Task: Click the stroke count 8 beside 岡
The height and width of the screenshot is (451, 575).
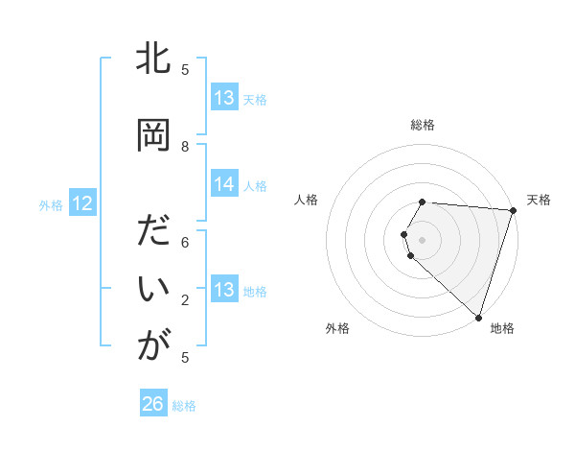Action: pyautogui.click(x=185, y=146)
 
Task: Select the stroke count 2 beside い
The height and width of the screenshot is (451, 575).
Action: pyautogui.click(x=185, y=300)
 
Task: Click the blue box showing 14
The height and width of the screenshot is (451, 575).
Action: pyautogui.click(x=224, y=185)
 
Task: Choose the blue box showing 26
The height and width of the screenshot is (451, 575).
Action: pyautogui.click(x=153, y=404)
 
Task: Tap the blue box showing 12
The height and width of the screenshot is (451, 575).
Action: pyautogui.click(x=82, y=203)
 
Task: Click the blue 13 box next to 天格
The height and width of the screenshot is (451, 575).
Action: pyautogui.click(x=224, y=98)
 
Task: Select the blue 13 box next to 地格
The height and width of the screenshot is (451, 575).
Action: pyautogui.click(x=224, y=290)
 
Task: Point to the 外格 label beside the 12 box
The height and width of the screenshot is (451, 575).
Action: pyautogui.click(x=51, y=204)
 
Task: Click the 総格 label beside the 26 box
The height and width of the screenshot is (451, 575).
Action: pyautogui.click(x=184, y=406)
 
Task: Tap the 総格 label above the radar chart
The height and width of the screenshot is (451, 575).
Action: pyautogui.click(x=423, y=125)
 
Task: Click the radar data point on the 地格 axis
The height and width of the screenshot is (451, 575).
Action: pyautogui.click(x=477, y=317)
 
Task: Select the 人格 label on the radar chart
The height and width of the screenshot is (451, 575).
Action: pyautogui.click(x=307, y=200)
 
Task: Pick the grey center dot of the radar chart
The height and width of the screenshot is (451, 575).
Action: pyautogui.click(x=423, y=239)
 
